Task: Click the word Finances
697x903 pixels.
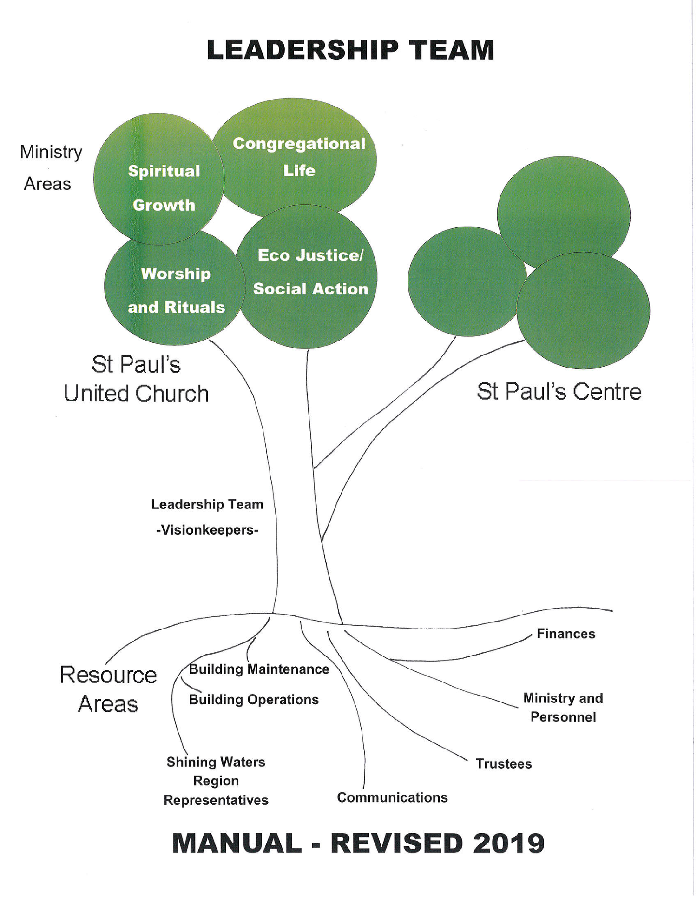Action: click(565, 634)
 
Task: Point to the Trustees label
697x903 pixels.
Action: click(503, 764)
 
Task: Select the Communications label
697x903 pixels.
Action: click(392, 797)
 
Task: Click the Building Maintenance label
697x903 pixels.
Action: click(259, 669)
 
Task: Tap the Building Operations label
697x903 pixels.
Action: click(254, 700)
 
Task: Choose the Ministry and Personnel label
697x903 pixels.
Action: click(563, 708)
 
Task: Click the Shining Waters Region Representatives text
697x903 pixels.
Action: click(216, 781)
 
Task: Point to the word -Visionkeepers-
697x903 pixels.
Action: click(207, 530)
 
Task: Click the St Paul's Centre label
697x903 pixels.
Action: click(559, 391)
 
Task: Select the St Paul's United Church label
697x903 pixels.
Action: click(136, 379)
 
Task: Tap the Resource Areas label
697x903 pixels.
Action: click(108, 689)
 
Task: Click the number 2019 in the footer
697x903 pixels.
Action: click(508, 843)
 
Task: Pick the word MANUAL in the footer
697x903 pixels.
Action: click(237, 843)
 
